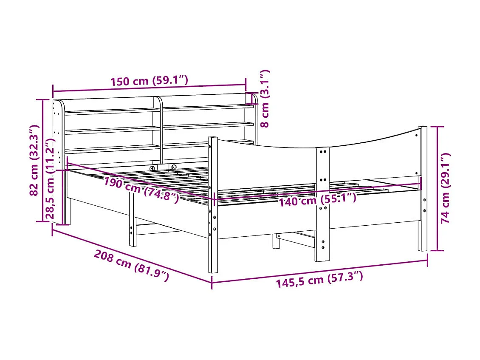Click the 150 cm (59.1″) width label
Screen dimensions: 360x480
[x=149, y=81]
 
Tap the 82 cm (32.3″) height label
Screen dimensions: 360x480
[x=34, y=160]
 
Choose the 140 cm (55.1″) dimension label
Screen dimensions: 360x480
[x=317, y=199]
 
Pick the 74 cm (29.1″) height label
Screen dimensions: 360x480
[x=445, y=188]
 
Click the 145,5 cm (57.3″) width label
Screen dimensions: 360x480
[x=319, y=280]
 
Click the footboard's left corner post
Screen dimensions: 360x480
[x=213, y=204]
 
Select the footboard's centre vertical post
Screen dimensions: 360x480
[x=322, y=204]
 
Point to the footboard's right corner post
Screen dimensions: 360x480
[x=422, y=187]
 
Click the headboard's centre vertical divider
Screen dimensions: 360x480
[x=161, y=128]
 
